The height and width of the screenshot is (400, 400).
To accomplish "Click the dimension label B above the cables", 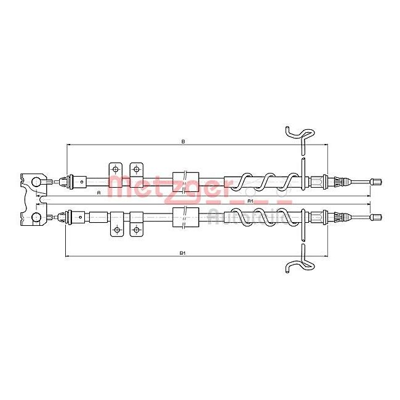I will click(183, 141).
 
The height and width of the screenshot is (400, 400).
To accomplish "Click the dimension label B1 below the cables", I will click(183, 252).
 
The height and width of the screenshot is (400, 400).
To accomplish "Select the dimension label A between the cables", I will click(99, 193).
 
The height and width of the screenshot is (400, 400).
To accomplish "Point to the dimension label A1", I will click(249, 201).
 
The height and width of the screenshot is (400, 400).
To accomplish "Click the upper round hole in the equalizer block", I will click(36, 182).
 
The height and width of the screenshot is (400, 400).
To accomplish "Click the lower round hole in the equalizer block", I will click(36, 217).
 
